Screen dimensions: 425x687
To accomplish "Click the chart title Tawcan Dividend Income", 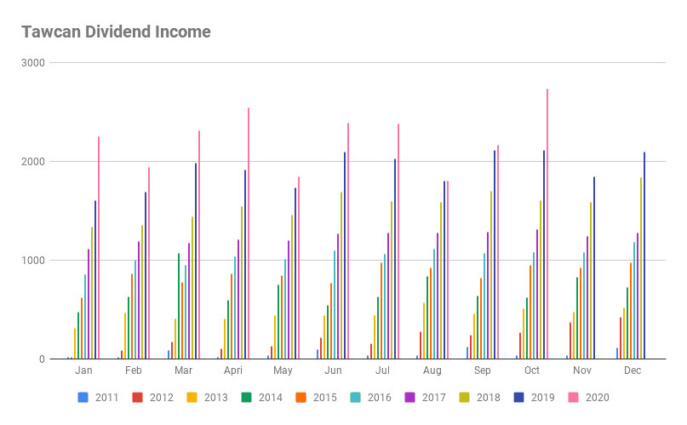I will pos(116,32).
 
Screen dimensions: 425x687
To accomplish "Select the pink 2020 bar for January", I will pos(99,248).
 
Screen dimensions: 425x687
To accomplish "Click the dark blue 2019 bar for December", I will pos(644,256).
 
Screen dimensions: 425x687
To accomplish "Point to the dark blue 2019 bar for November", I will pos(594,267).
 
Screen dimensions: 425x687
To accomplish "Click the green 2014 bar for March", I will pos(179,306).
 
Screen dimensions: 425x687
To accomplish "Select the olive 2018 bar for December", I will pos(641,267).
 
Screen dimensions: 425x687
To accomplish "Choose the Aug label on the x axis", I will pos(432,371).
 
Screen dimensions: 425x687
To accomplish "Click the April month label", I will pos(233,371).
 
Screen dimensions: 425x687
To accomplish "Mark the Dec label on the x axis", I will pos(632,371).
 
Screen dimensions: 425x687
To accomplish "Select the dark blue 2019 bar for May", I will pos(295,273).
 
